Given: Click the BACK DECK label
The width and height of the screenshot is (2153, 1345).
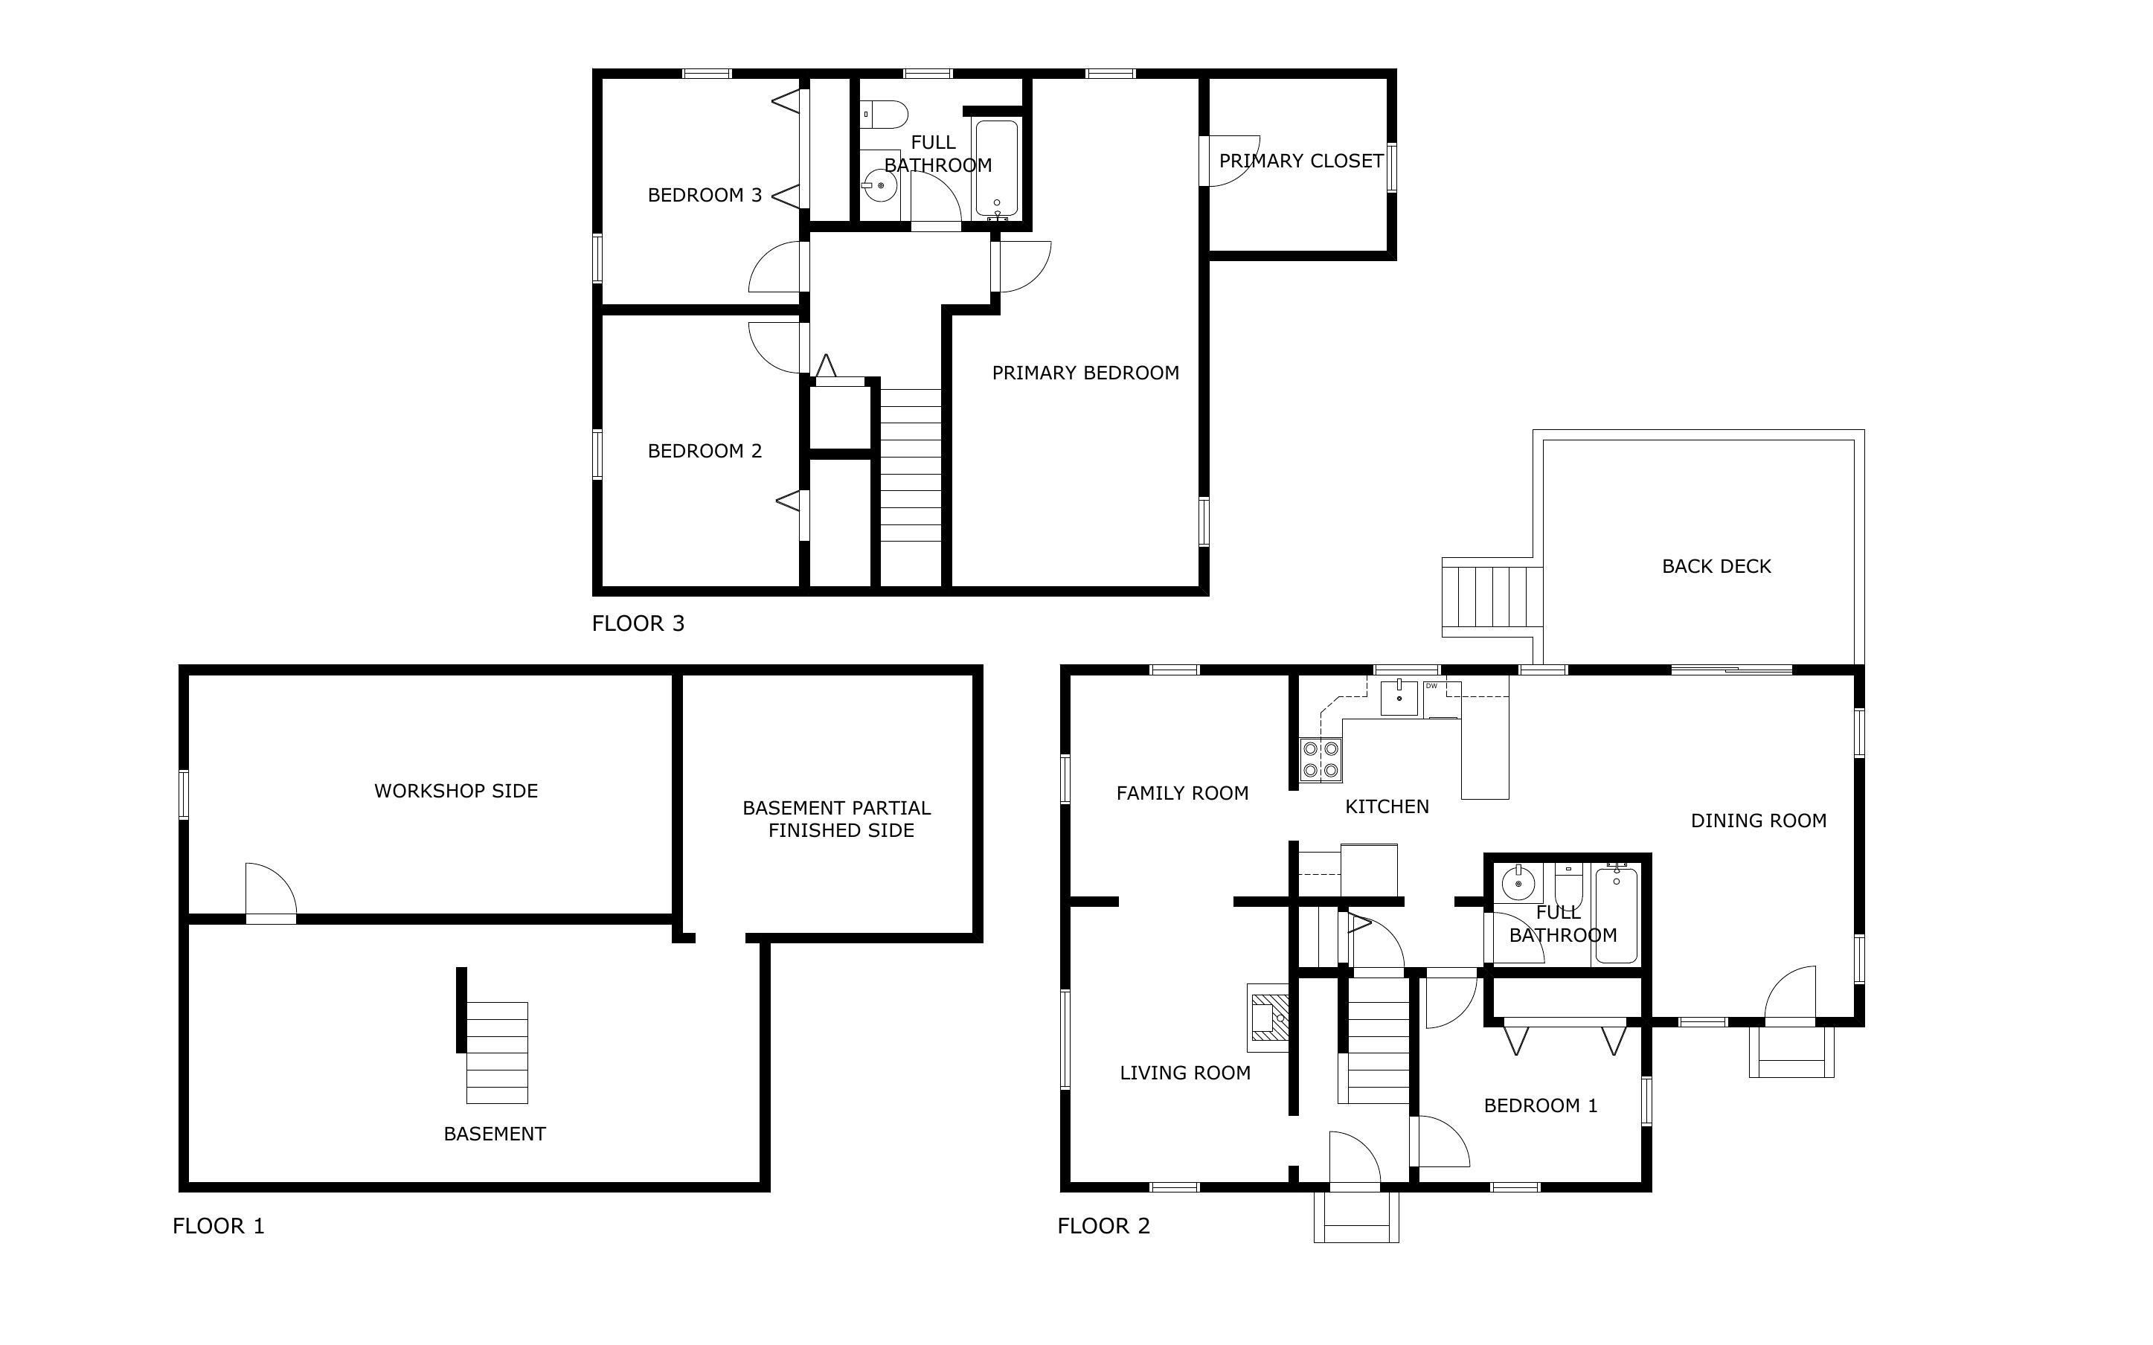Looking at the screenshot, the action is point(1716,567).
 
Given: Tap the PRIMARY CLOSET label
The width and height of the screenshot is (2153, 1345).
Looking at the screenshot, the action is point(1301,161).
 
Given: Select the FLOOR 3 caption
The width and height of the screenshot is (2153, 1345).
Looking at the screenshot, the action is point(638,623).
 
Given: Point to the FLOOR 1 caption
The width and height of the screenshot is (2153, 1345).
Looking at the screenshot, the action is point(219,1226).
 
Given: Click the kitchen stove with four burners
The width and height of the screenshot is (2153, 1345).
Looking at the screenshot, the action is point(1321,760).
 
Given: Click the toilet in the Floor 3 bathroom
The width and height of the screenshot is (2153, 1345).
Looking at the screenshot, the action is point(884,115).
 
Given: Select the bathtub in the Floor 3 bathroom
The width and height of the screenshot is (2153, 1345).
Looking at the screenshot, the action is point(997,168).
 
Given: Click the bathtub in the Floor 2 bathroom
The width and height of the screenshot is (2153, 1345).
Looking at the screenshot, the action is point(1617,915).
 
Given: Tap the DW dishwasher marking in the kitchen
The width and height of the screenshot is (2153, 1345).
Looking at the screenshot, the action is point(1432,687).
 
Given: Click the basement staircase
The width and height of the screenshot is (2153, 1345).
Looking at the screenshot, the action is point(497,1053).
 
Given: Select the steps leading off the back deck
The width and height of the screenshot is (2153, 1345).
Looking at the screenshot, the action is point(1492,597).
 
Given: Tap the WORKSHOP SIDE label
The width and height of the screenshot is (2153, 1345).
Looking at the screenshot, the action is point(456,791).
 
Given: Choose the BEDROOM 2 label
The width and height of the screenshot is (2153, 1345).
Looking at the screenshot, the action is point(705,451).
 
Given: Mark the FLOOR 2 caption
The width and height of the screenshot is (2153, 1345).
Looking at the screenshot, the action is point(1103,1226).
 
